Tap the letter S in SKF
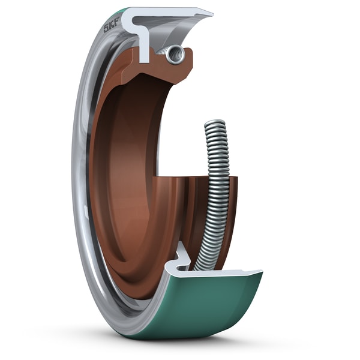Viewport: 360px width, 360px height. click(x=107, y=28)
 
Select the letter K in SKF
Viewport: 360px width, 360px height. click(x=112, y=25)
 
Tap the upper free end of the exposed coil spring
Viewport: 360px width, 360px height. click(x=214, y=124)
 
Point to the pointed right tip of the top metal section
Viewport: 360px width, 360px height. click(x=211, y=12)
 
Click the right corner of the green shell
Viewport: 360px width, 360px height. click(x=261, y=274)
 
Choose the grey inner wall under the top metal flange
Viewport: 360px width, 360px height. click(x=180, y=30)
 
